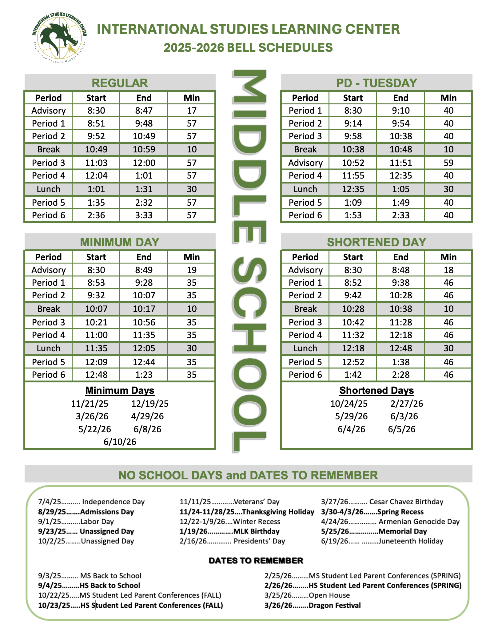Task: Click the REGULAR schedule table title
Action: tap(120, 83)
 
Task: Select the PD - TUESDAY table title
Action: tap(376, 83)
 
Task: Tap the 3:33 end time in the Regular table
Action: tap(144, 215)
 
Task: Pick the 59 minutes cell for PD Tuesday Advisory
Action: tap(448, 163)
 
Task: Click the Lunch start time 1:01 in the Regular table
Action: tap(96, 189)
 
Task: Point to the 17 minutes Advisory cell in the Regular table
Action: tap(191, 111)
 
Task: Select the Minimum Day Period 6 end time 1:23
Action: tap(144, 375)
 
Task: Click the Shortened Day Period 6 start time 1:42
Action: tap(353, 375)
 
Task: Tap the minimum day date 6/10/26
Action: tap(120, 442)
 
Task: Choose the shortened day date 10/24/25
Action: tap(349, 404)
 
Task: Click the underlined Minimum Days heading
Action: tap(120, 390)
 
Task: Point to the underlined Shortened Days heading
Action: tap(376, 390)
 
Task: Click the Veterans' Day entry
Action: tap(229, 502)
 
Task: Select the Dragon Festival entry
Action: tap(312, 605)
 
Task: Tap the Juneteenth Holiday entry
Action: tap(382, 541)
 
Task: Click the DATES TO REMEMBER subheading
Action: tap(256, 561)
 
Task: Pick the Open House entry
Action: tap(307, 595)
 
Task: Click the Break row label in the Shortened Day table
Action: tap(305, 309)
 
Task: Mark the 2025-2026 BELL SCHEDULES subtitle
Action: tap(248, 48)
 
